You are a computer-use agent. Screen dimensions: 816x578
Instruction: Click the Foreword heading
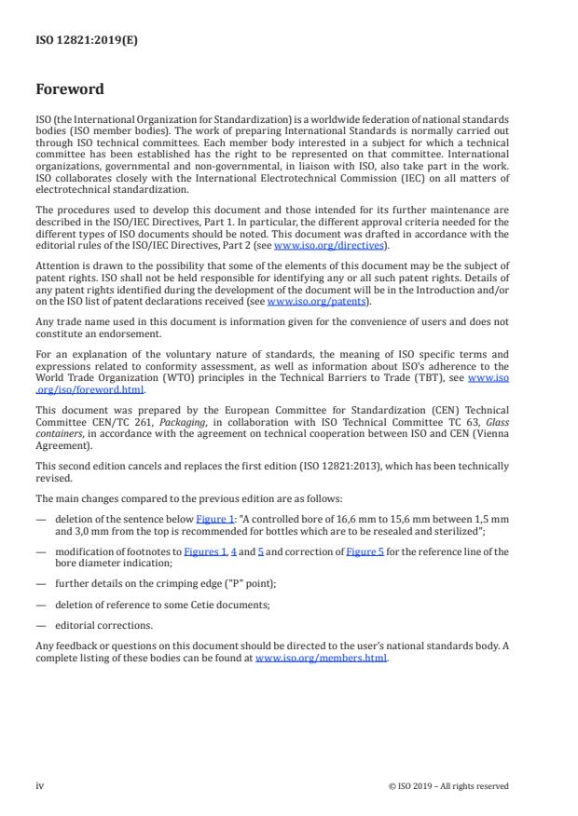coord(69,90)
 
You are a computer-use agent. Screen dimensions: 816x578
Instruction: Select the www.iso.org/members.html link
coord(321,659)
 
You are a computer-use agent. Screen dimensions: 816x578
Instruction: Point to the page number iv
coord(40,786)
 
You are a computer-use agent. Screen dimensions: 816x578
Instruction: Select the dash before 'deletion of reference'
coord(40,604)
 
